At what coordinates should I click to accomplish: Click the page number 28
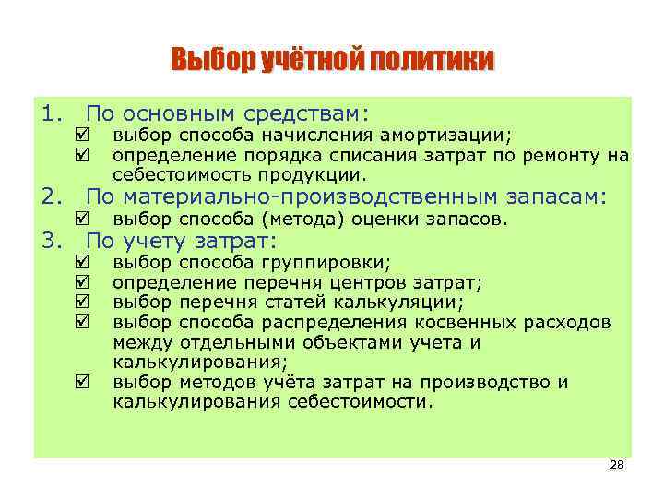click(x=617, y=467)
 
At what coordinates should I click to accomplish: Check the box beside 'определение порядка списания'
click(x=85, y=155)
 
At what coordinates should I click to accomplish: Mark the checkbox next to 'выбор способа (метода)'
click(x=85, y=219)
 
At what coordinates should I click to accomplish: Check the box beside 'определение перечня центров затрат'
click(x=85, y=282)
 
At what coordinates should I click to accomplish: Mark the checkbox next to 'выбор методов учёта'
click(x=85, y=382)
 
